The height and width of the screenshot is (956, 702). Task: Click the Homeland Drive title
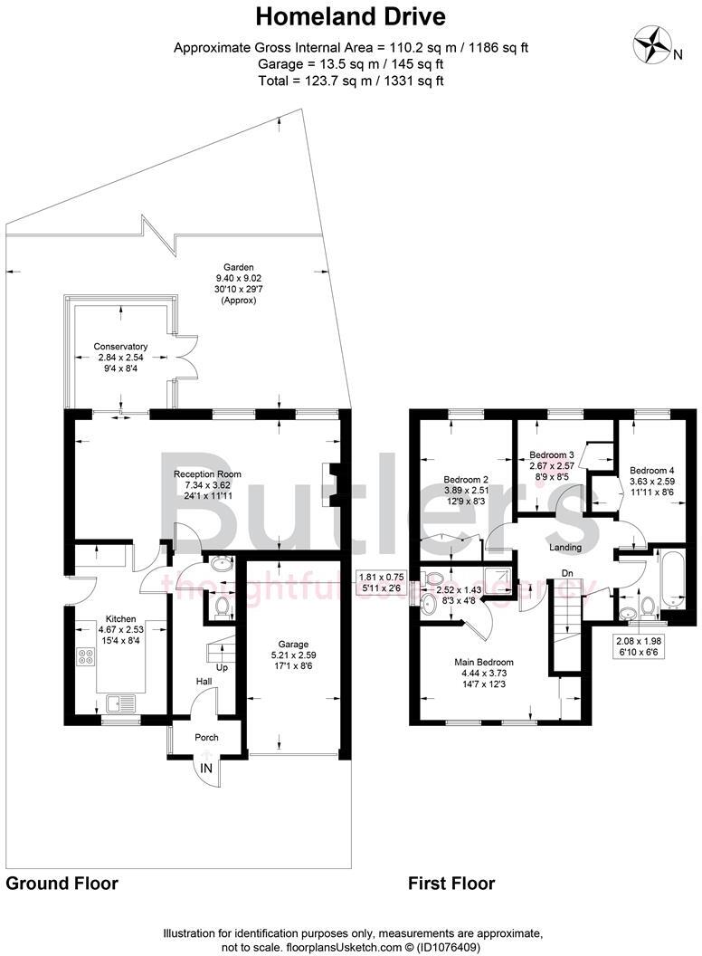[x=350, y=16]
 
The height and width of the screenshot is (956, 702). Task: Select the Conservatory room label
[x=120, y=346]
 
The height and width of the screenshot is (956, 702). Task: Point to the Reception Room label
[x=207, y=473]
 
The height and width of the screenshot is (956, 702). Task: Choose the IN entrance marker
[x=207, y=768]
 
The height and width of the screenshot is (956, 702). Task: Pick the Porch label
[x=206, y=737]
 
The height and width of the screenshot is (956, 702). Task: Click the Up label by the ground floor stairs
[x=220, y=668]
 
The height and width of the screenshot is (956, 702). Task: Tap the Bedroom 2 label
[x=466, y=480]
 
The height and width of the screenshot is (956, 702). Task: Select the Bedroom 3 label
[x=551, y=454]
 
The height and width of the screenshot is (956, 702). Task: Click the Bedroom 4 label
[x=651, y=470]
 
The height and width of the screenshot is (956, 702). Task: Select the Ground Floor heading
[x=62, y=883]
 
